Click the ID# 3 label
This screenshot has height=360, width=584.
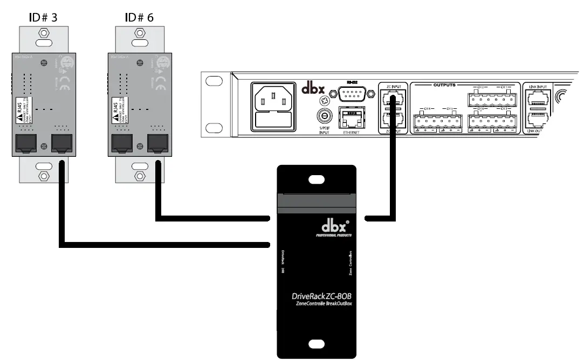point(43,17)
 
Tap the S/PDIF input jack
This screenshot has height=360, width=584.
point(324,115)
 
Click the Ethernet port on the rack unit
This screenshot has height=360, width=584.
point(352,116)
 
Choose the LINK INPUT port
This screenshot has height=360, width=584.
point(537,98)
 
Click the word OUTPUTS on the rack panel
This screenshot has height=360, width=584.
point(445,85)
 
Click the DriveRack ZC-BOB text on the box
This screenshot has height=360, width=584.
point(321,296)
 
